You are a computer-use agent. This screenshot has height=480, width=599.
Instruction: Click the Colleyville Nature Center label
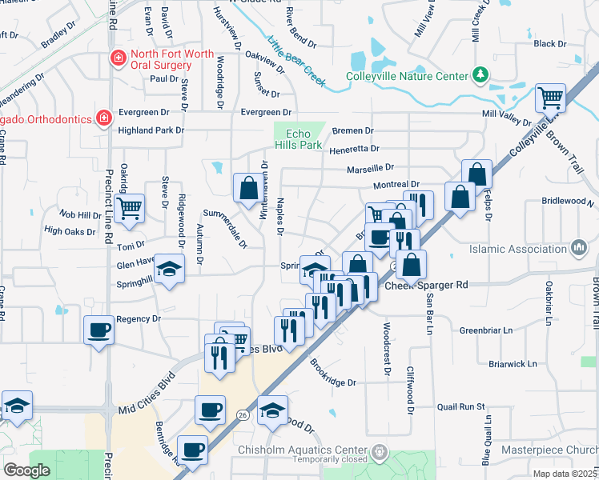click(x=406, y=77)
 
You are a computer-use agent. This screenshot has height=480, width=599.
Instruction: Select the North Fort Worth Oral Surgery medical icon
click(x=118, y=58)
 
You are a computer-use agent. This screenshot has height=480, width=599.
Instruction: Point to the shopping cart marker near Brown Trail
click(x=550, y=98)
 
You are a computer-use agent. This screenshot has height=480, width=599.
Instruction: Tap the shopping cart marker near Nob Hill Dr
click(x=128, y=209)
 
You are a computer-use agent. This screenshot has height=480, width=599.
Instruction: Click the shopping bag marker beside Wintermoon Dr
click(x=248, y=189)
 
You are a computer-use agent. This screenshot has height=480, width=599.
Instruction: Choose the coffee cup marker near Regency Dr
click(x=99, y=330)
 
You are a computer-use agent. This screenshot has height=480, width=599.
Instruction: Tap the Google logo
click(x=26, y=470)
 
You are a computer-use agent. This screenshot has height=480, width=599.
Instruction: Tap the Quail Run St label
click(x=461, y=406)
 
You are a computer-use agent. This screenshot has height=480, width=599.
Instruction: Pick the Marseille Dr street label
click(x=371, y=168)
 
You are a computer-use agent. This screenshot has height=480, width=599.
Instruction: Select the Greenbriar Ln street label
click(x=485, y=330)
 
